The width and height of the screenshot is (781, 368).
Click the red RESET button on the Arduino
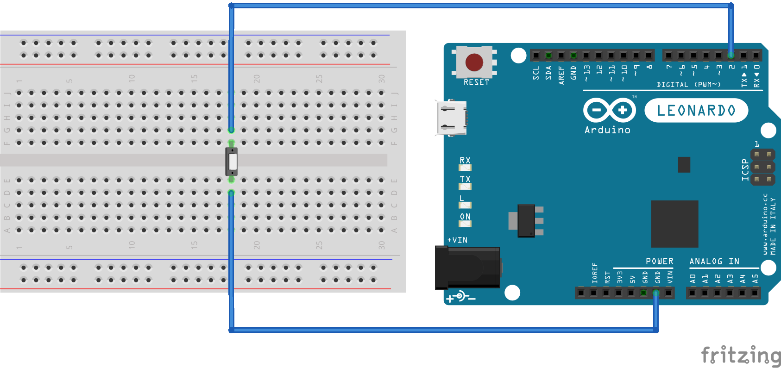coord(474,62)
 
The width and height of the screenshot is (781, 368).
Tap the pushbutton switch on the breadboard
coord(232,162)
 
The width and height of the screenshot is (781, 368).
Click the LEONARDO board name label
coord(696,111)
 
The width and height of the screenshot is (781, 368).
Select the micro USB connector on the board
coord(451,118)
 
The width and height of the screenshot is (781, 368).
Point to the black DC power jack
coord(467,268)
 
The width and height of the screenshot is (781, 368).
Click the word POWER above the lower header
coord(659,262)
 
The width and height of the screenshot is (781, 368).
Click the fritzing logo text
coord(741,356)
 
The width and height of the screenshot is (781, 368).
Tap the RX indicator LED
coord(465,168)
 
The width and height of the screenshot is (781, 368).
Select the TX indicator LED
coord(465,186)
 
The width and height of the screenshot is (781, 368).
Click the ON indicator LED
coord(465,224)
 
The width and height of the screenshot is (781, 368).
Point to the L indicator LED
coord(465,205)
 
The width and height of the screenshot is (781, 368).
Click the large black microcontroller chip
coord(674,224)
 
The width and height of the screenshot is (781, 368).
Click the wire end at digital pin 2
coord(731,56)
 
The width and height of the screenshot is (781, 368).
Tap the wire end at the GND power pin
coord(656,293)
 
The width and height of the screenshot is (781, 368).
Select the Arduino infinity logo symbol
coord(609,110)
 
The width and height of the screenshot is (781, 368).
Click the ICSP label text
coord(745,169)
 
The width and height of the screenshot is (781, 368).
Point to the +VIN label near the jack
coord(457,240)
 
